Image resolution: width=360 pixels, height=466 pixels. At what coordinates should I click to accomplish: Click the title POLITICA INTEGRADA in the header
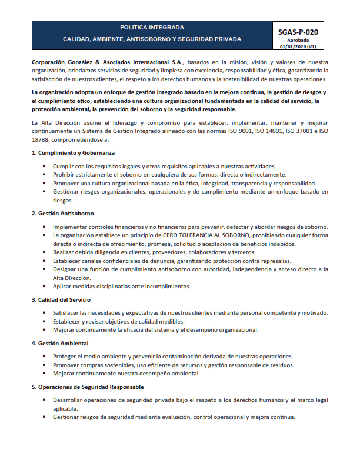152,27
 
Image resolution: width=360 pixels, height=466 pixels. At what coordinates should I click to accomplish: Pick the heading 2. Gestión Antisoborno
63,212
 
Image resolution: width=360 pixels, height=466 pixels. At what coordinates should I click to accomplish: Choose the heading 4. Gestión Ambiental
60,342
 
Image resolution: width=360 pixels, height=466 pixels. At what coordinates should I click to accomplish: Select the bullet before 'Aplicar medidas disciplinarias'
44,286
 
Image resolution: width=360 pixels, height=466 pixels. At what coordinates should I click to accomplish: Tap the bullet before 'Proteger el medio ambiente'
44,357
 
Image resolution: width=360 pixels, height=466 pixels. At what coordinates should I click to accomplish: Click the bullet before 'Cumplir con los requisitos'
44,167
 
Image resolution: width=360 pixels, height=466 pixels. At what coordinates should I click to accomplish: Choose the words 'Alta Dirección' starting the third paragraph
58,123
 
